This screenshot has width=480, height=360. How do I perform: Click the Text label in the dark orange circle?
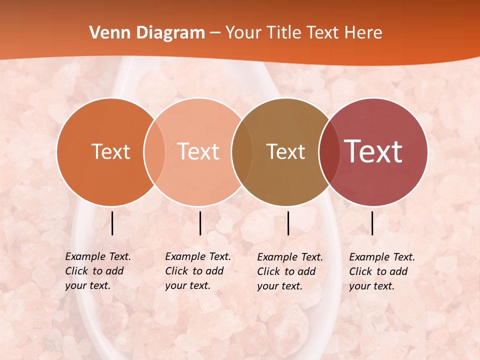(110, 151)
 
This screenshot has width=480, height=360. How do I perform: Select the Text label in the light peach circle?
(198, 151)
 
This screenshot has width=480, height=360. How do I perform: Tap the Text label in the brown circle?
(285, 151)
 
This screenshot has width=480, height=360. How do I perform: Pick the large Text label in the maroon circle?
(373, 151)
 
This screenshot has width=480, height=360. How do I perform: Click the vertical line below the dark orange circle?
(112, 223)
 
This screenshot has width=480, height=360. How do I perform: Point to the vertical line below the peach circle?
(200, 223)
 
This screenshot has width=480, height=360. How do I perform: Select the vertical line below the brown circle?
(288, 223)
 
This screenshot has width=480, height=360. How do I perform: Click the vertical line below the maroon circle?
(372, 223)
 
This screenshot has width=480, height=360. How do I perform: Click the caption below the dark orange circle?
(98, 271)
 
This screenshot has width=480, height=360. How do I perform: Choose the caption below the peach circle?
(198, 271)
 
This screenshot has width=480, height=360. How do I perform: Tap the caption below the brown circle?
(290, 271)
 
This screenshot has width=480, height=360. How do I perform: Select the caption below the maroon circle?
(382, 271)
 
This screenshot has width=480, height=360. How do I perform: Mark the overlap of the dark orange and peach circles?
(154, 151)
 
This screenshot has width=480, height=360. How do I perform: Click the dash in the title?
(215, 33)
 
